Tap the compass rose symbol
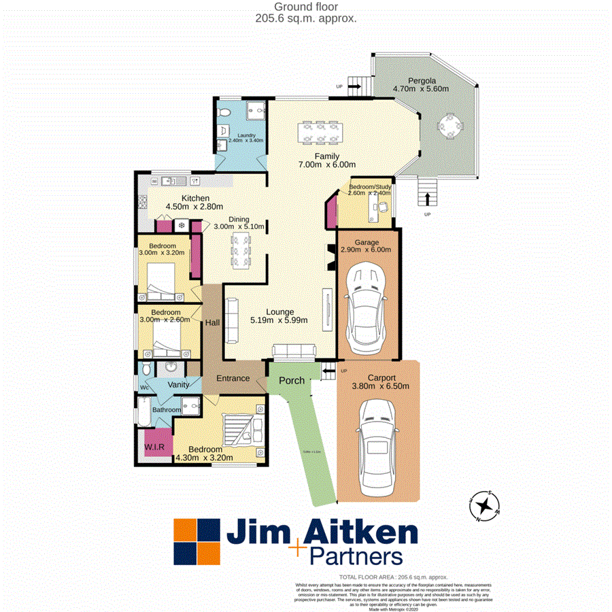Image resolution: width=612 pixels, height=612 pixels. (x=486, y=505)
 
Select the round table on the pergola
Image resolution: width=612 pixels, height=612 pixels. (x=449, y=126)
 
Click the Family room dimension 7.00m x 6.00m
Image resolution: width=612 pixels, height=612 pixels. (x=328, y=165)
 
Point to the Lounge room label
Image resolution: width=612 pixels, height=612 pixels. (x=280, y=312)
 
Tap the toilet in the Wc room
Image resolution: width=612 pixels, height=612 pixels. (x=145, y=369)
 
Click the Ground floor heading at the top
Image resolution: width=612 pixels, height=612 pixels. (x=305, y=7)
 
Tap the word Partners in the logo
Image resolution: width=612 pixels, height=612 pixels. (x=355, y=558)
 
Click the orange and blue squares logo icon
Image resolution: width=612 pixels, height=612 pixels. (x=197, y=542)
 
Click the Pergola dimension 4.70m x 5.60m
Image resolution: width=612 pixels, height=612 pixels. (x=422, y=88)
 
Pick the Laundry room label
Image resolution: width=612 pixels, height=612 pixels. (x=241, y=135)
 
